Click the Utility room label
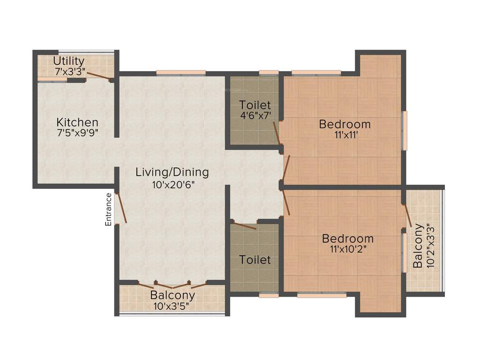[69, 61]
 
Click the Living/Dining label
[172, 172]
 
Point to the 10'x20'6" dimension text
[172, 184]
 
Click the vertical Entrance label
[109, 210]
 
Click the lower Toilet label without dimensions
[255, 260]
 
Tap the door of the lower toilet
[244, 226]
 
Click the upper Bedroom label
[345, 124]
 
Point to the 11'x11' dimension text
[345, 136]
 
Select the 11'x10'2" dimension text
[347, 250]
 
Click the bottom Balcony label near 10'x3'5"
[172, 296]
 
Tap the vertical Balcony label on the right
[418, 246]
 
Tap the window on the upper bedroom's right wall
[405, 130]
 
